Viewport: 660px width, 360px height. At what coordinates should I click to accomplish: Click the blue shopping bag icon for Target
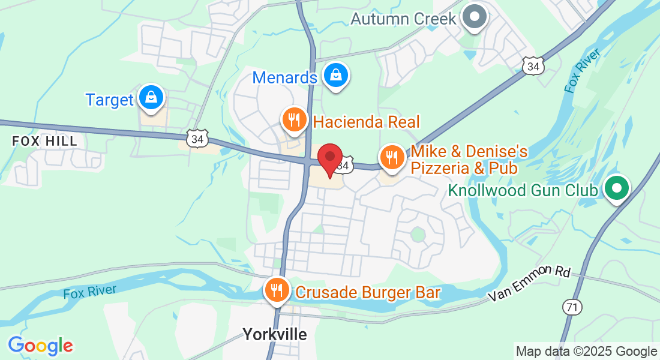coord(150,97)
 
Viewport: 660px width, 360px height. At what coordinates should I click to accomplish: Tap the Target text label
coord(109,100)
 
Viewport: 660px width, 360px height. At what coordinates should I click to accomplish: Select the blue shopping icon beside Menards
coord(336,76)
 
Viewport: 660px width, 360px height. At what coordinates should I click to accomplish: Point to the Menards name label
coord(284,78)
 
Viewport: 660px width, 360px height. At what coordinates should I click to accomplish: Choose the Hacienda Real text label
coord(366,122)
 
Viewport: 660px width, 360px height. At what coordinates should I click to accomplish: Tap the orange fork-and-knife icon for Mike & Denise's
coord(392,158)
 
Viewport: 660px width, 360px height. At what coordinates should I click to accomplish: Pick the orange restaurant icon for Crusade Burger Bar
coord(276,291)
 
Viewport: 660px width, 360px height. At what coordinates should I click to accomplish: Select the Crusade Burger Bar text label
coord(368,293)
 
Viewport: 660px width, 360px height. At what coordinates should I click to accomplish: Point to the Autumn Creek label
coord(403,19)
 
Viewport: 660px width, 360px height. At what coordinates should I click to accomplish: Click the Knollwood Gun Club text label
coord(523,191)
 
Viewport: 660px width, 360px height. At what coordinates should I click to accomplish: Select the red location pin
coord(329,160)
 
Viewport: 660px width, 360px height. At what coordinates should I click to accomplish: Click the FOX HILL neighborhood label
coord(45,141)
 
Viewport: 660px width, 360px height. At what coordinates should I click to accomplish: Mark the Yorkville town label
coord(274,334)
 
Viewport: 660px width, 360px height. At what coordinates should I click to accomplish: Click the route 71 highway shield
coord(572,307)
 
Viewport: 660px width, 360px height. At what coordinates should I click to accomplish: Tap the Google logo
coord(40,346)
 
